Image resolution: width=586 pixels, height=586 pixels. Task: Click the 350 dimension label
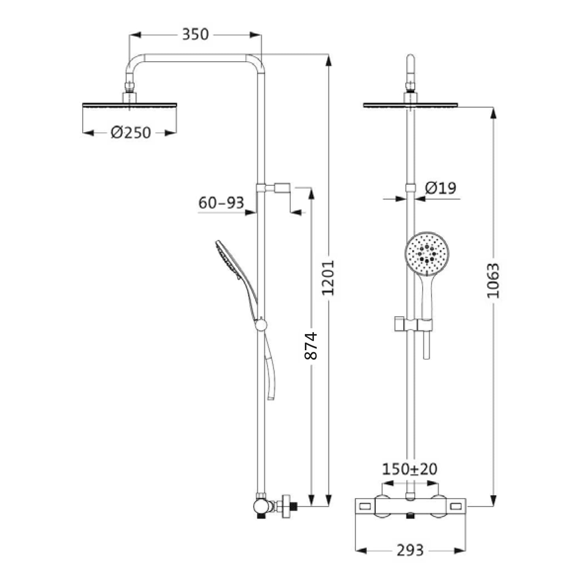tap(195, 34)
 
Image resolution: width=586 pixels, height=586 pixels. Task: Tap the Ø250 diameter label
tap(131, 133)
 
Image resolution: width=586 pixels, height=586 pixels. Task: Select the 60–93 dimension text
tap(221, 203)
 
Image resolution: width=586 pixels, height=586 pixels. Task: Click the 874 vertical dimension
tap(311, 346)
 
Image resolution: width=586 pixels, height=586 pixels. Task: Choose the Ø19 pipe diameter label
tap(440, 188)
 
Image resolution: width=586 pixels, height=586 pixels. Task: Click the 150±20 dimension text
tap(409, 469)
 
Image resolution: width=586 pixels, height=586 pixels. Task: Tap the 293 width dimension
tap(410, 550)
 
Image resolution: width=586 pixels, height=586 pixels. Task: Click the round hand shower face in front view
tap(427, 254)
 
